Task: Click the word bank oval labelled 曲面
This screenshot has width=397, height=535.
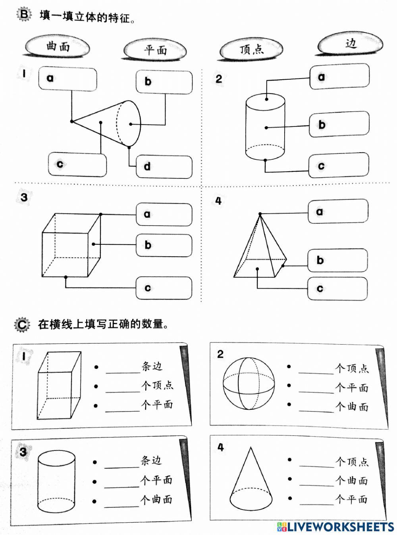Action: coord(58,46)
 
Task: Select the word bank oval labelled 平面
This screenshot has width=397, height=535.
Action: coord(155,50)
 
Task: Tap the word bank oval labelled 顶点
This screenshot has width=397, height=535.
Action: coord(251,49)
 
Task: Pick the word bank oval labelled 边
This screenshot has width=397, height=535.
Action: coord(351,43)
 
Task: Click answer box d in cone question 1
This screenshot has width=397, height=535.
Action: coord(164,167)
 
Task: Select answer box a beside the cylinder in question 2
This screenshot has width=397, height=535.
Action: coord(339,77)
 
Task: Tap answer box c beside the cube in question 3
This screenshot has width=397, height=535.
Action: coord(164,288)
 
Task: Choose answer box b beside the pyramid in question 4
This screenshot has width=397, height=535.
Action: coord(338,260)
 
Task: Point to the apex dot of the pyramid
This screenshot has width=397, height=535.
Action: coord(260,214)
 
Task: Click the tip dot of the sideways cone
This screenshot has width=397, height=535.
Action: coord(72,121)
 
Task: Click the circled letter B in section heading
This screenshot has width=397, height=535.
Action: coord(24,15)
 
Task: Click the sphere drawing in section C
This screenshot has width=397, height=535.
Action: coord(249,384)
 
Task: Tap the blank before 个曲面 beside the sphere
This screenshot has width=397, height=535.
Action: coord(316,408)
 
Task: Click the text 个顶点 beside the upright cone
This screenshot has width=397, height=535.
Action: coord(352,461)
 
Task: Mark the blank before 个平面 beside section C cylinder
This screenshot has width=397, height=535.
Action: coord(122,483)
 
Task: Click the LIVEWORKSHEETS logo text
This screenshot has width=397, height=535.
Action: coord(336,527)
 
